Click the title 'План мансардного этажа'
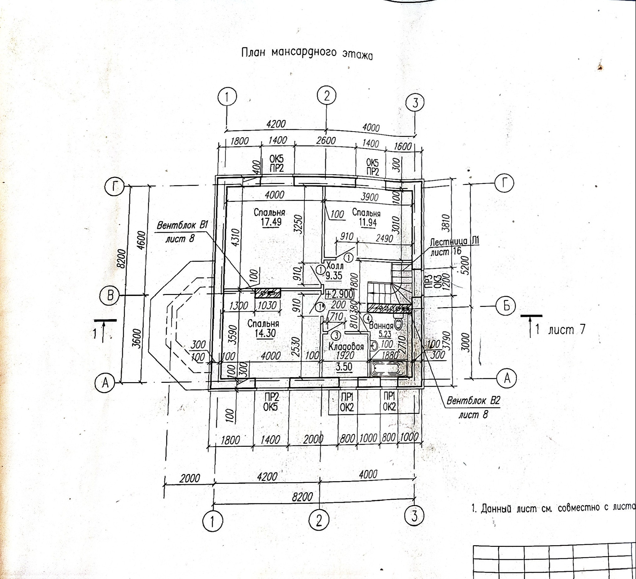pyautogui.click(x=307, y=53)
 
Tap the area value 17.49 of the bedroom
pyautogui.click(x=271, y=222)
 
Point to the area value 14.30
pyautogui.click(x=265, y=333)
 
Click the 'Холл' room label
pyautogui.click(x=335, y=266)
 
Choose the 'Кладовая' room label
pyautogui.click(x=346, y=347)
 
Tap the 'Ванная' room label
pyautogui.click(x=381, y=325)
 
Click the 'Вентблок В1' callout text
pyautogui.click(x=182, y=226)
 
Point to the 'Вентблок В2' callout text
pyautogui.click(x=473, y=401)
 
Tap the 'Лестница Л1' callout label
pyautogui.click(x=454, y=242)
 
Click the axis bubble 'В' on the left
pyautogui.click(x=110, y=295)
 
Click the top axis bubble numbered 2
pyautogui.click(x=327, y=96)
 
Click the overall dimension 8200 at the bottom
pyautogui.click(x=302, y=497)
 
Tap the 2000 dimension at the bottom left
pyautogui.click(x=190, y=478)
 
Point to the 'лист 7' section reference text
pyautogui.click(x=566, y=329)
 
